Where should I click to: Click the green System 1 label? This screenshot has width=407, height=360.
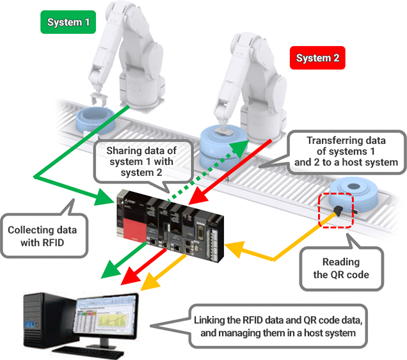tap(68, 23)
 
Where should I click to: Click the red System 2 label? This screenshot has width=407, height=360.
tap(318, 59)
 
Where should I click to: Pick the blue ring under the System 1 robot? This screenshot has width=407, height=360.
tap(94, 121)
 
